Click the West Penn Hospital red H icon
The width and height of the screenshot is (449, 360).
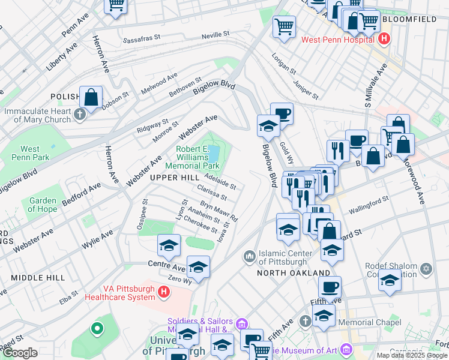click(385, 40)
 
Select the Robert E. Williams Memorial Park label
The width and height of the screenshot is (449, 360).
click(197, 157)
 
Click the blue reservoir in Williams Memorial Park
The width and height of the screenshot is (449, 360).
click(214, 152)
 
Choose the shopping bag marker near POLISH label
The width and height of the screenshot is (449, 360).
click(91, 98)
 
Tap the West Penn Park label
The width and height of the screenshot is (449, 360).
click(30, 153)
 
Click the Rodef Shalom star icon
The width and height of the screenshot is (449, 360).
click(427, 267)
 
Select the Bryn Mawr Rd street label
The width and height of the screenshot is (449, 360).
click(219, 211)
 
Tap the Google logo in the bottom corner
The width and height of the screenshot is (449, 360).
click(20, 353)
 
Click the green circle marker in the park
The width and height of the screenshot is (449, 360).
click(96, 328)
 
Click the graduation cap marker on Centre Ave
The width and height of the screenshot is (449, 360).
click(169, 245)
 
